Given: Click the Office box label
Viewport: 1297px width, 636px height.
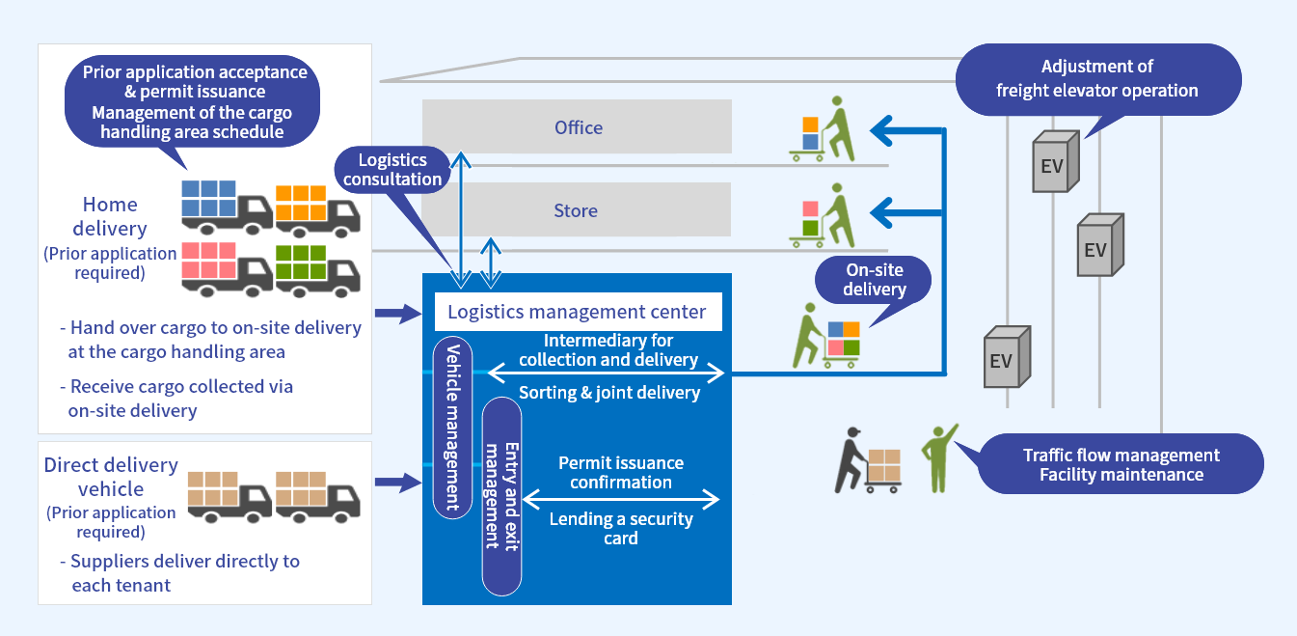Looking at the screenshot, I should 578,127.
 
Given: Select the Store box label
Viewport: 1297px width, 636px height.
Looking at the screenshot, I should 576,210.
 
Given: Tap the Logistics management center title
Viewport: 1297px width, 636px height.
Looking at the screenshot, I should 577,312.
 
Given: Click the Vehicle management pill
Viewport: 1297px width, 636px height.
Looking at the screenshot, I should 452,427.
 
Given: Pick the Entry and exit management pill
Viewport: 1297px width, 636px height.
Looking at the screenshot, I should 501,495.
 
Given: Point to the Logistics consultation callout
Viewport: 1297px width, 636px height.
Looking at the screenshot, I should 392,170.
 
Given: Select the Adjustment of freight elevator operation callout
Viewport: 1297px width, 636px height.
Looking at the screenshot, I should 1096,79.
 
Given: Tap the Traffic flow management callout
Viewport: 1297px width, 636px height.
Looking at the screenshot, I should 1121,464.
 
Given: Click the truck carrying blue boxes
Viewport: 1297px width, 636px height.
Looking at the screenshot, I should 226,207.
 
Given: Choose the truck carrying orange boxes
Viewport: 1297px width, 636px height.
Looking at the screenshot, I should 316,209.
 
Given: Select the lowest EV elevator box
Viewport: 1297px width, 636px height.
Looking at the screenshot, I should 1007,359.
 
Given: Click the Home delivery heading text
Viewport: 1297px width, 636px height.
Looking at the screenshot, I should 110,216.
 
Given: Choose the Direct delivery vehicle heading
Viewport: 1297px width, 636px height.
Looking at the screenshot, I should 111,477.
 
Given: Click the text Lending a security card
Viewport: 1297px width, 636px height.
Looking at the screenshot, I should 621,528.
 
